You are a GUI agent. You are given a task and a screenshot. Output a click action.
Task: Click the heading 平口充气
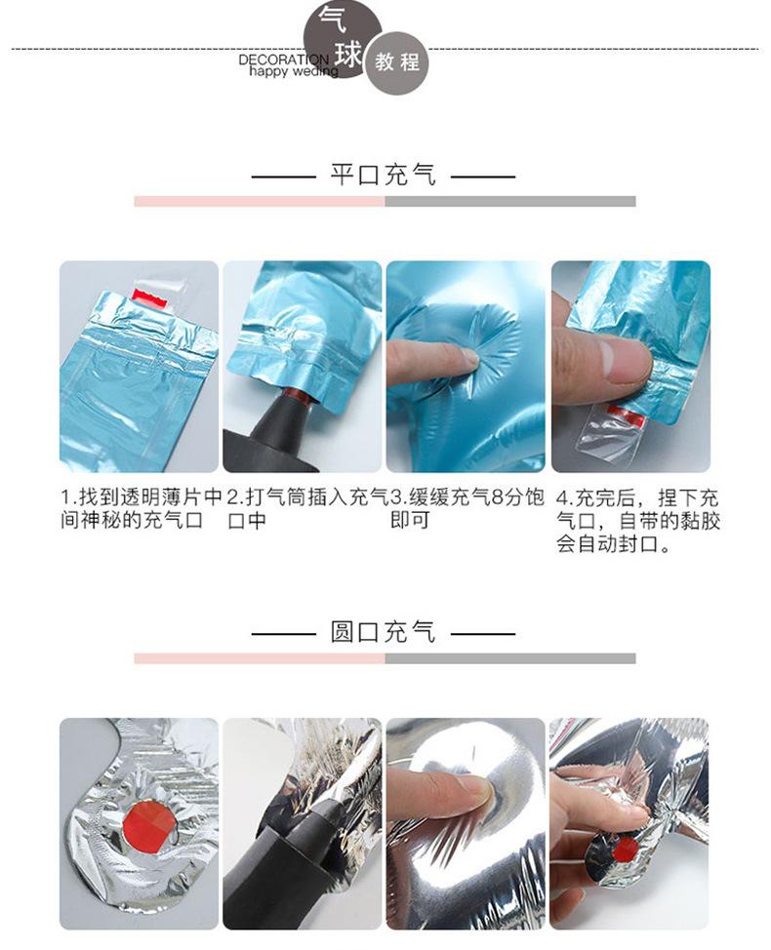[384, 175]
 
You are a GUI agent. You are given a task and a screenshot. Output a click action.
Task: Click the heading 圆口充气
[384, 631]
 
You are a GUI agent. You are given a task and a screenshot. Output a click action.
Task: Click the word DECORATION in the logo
[283, 59]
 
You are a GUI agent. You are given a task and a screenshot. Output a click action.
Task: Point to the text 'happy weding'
[294, 71]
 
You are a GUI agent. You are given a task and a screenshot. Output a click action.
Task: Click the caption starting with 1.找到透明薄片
[142, 509]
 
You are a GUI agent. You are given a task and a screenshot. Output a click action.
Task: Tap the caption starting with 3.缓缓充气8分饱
[467, 509]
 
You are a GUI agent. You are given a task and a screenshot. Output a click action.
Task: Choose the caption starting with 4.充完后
[637, 521]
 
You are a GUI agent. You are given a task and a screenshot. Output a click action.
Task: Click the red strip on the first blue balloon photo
[149, 296]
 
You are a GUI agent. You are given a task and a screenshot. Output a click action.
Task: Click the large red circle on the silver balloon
[148, 823]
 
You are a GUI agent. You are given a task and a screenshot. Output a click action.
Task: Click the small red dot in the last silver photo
[624, 851]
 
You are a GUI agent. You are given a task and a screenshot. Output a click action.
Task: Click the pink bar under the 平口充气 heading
[260, 201]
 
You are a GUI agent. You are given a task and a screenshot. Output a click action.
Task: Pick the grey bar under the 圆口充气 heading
[510, 658]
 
